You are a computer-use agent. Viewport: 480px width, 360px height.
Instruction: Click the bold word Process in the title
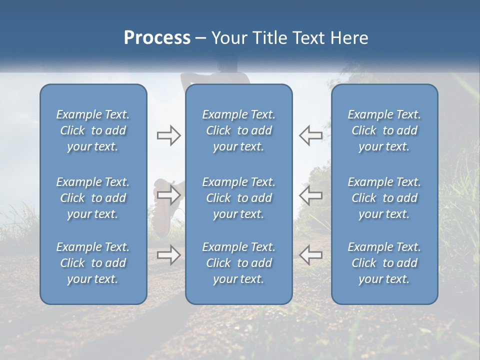(157, 38)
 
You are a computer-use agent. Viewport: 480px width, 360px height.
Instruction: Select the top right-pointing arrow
(168, 135)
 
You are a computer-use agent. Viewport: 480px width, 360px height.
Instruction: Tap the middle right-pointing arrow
(168, 195)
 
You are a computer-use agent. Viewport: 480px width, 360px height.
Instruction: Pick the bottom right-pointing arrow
(168, 255)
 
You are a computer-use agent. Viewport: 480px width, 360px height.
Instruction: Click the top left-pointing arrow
(310, 135)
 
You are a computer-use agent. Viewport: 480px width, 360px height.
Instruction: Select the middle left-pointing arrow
(310, 195)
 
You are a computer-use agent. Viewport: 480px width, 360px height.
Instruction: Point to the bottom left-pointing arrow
(310, 255)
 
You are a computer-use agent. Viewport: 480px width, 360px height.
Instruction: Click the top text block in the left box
(93, 130)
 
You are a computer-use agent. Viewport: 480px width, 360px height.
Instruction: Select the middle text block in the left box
(93, 198)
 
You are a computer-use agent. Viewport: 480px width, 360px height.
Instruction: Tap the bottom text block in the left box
(93, 263)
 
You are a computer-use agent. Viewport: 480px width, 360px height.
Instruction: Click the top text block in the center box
(238, 130)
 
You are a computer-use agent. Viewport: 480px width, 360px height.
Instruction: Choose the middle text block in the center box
(238, 198)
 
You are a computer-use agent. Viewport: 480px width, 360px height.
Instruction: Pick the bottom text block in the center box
(238, 263)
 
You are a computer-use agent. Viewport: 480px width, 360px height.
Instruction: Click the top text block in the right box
(384, 130)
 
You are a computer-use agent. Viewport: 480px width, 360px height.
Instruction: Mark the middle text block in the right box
(384, 198)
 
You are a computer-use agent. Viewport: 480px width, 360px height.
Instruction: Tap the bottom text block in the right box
(384, 263)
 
